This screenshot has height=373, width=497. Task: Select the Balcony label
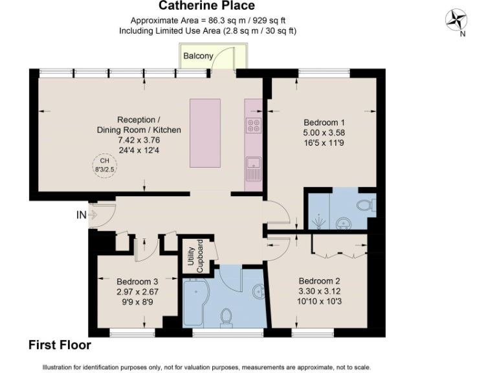(x=197, y=56)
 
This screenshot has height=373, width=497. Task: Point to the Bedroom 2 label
(x=319, y=281)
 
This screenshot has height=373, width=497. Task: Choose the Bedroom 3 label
(x=137, y=282)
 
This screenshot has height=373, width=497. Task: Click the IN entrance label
(x=82, y=214)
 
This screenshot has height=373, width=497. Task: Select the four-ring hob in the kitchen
(x=254, y=125)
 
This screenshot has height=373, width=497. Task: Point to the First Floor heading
(x=60, y=345)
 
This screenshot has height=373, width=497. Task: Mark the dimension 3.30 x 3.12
(x=319, y=291)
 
